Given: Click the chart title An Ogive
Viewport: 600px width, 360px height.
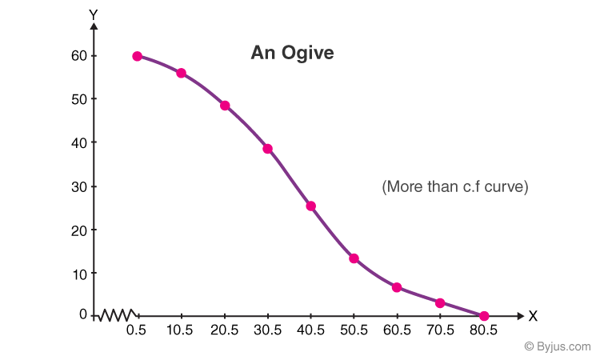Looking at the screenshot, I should (x=292, y=53).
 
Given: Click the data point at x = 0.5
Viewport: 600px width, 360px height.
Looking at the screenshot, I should (x=138, y=56).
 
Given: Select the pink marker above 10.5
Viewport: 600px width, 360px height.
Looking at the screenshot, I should (x=181, y=73).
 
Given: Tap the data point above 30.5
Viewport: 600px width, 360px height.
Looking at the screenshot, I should (x=267, y=149).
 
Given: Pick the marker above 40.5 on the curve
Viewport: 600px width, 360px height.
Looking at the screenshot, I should (x=310, y=206).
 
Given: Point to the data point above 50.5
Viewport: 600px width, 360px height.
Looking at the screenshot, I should (x=354, y=258).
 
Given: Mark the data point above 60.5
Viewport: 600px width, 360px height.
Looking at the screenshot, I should (x=397, y=287).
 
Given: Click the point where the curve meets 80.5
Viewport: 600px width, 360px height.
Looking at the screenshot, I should (x=484, y=316).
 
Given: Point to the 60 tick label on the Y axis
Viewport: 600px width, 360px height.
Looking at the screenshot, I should (x=77, y=56).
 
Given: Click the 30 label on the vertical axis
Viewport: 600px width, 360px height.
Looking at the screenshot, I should (x=77, y=186).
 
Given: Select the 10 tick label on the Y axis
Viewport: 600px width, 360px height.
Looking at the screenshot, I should (x=77, y=273).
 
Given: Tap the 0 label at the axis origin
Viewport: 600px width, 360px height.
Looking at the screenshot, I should (x=82, y=314).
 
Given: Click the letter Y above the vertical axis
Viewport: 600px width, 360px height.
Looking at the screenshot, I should (x=94, y=14).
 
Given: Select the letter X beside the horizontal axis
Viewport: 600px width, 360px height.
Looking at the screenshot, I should (x=533, y=316).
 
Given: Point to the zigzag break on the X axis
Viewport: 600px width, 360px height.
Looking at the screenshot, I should (x=119, y=315).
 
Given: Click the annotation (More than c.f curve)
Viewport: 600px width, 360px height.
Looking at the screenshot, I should (x=455, y=186).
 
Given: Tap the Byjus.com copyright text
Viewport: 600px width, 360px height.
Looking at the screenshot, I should (x=557, y=346).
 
